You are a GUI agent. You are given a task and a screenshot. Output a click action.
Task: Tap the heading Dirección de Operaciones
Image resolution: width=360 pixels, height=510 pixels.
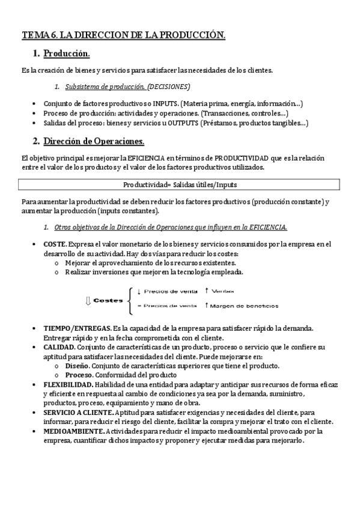point(94,141)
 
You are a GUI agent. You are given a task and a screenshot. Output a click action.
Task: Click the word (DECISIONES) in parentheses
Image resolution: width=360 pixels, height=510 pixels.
point(169,86)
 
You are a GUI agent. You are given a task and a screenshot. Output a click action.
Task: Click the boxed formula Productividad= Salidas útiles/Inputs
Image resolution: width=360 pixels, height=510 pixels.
point(179,184)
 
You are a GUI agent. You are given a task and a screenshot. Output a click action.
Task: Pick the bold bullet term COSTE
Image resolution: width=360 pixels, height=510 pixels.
point(55,244)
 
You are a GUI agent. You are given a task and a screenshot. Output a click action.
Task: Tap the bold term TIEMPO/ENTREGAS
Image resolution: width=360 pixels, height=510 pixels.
point(76,328)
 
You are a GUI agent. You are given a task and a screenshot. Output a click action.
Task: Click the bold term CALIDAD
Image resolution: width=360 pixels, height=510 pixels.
point(59,347)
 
